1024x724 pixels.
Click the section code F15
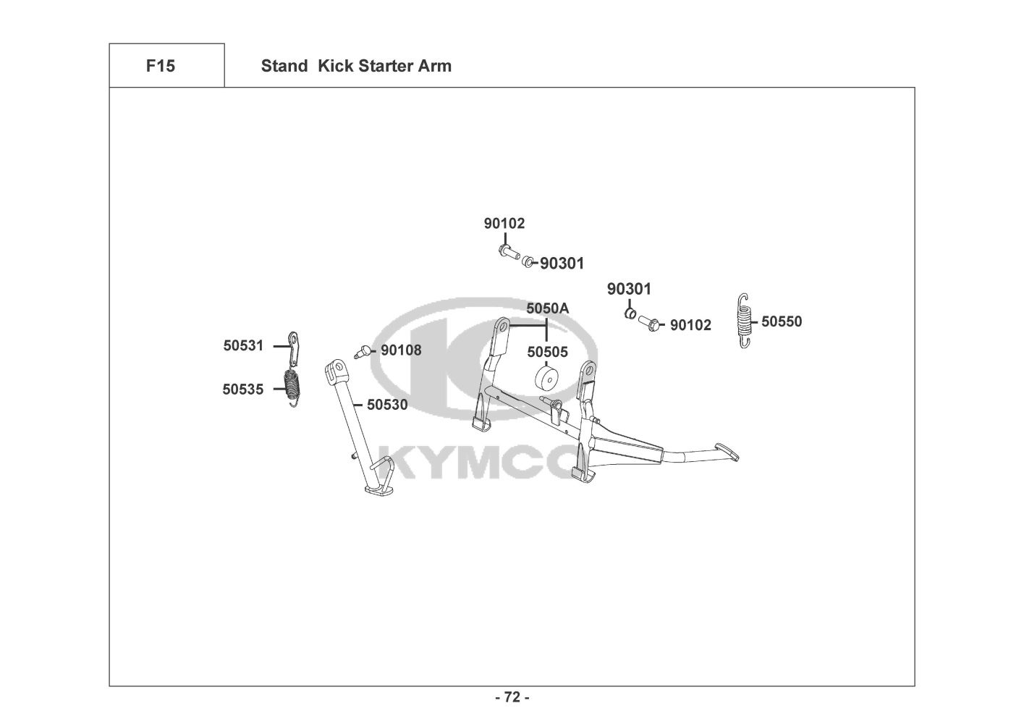click(160, 66)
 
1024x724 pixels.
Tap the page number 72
click(512, 697)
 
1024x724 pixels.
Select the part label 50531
click(243, 346)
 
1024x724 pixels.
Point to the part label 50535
click(242, 390)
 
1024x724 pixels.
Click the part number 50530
click(387, 405)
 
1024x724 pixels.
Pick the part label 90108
click(401, 350)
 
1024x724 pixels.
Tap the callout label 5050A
click(547, 308)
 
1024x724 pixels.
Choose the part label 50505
click(547, 353)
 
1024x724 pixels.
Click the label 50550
click(782, 321)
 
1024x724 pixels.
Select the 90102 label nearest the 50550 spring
click(690, 326)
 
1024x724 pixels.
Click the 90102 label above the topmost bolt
click(504, 224)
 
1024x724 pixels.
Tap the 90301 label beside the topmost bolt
click(562, 264)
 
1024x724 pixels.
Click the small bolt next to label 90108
click(365, 351)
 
